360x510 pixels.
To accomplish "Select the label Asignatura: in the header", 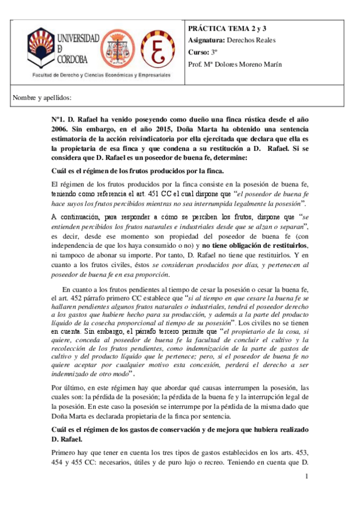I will (x=207, y=41).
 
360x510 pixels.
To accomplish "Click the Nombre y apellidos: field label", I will (x=42, y=97).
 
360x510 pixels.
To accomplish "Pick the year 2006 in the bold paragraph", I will (x=60, y=129).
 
